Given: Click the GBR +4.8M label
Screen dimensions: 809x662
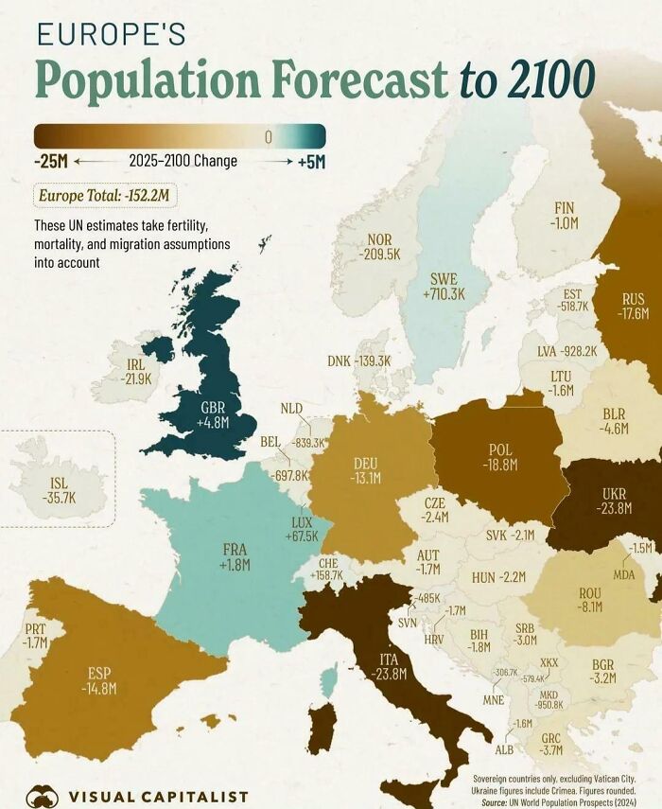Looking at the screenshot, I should [x=214, y=415].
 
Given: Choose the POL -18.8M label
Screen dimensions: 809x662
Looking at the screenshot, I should [x=500, y=457].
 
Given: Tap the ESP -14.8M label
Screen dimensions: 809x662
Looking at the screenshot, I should [x=99, y=680].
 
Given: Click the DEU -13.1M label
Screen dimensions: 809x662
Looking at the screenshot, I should [x=366, y=470].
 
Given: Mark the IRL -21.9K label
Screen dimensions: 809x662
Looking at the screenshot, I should [x=135, y=371].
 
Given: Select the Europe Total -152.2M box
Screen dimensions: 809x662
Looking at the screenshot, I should [x=106, y=196].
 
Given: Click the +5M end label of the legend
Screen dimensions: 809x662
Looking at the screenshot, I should [x=310, y=162].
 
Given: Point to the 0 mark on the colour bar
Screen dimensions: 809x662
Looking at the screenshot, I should [x=268, y=137].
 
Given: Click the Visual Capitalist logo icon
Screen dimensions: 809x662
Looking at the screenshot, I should [x=43, y=795].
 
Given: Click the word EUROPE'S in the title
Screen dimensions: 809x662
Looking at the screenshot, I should [x=111, y=36].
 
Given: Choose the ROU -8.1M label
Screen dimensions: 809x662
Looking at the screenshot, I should [x=590, y=600].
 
